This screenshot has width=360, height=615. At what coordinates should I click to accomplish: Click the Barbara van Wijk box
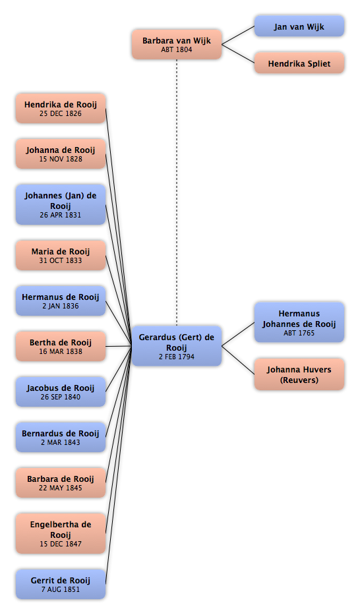coord(177,44)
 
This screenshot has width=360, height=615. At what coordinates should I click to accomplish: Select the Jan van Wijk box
coord(299,26)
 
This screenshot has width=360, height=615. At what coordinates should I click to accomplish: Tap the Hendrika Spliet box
coord(299,63)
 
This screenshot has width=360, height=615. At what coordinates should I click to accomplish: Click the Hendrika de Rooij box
coord(61,108)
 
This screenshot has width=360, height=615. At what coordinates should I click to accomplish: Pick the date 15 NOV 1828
coord(61,159)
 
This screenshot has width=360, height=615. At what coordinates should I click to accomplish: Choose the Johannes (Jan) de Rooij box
coord(61,204)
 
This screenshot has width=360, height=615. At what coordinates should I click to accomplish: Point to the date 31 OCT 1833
coord(61,260)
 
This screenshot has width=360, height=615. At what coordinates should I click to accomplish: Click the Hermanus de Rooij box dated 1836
coord(61,301)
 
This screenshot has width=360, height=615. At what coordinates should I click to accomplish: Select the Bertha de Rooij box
coord(61,346)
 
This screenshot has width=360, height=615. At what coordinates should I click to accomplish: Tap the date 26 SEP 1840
coord(61,397)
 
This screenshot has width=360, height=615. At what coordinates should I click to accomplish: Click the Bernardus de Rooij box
coord(61,437)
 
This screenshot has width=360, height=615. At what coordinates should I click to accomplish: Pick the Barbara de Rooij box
coord(61,483)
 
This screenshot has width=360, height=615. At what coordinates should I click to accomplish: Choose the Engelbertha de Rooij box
coord(61,533)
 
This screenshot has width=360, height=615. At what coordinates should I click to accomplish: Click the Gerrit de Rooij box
coord(61,584)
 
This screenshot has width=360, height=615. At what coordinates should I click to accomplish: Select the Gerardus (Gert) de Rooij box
coord(177,346)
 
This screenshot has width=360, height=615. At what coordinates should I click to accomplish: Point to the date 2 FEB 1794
coord(177,357)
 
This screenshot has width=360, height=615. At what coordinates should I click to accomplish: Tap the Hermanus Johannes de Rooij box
coord(299,322)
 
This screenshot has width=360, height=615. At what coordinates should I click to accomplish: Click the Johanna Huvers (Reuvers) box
coord(299,374)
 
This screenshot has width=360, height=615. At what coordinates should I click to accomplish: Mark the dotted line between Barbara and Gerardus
coord(177,192)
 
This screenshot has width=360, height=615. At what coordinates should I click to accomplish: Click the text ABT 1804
coord(177,50)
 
